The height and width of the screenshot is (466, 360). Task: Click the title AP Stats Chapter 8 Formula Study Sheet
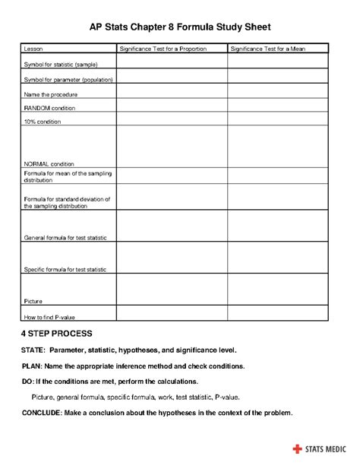(180, 27)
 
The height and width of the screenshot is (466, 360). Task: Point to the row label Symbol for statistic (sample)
(61, 65)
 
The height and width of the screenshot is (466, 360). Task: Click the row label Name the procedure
(51, 94)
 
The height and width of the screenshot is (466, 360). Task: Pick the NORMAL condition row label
(49, 163)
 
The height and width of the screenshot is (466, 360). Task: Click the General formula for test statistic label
(65, 238)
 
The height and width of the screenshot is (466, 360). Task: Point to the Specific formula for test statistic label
(65, 269)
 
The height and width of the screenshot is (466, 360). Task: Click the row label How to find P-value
(52, 316)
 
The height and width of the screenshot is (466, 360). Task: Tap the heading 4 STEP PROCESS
(57, 334)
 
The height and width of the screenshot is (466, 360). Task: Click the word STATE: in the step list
(33, 350)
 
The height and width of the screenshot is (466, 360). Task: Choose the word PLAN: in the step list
(32, 366)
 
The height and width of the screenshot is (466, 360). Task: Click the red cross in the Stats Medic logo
(295, 449)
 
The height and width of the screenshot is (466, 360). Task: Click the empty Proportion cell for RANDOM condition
(171, 107)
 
